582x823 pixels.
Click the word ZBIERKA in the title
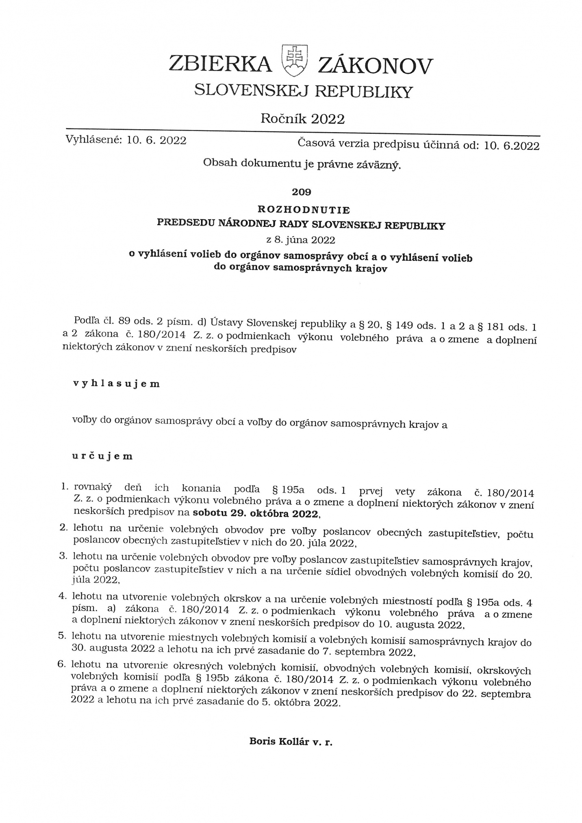[x=220, y=64]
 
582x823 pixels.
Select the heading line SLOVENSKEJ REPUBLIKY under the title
[x=303, y=91]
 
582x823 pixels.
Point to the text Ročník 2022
[x=302, y=118]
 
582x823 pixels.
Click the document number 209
[x=302, y=192]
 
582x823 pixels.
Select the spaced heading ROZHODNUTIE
[x=304, y=210]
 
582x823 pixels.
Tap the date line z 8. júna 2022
[x=300, y=239]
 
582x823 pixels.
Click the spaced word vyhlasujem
[x=116, y=384]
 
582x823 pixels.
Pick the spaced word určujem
[x=103, y=456]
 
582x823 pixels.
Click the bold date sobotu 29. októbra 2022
[x=256, y=513]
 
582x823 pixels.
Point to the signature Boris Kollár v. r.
[x=291, y=741]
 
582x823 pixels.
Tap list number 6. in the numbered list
[x=62, y=664]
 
